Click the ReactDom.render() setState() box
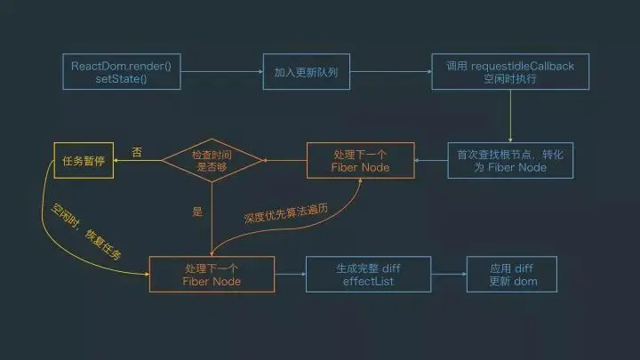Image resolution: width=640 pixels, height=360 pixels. tap(113, 72)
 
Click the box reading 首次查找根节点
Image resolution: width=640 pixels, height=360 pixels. tap(510, 161)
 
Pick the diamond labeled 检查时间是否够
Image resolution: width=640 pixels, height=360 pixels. tap(212, 161)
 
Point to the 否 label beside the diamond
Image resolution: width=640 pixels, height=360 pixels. tap(137, 152)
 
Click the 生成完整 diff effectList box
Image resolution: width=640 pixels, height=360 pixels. tap(369, 274)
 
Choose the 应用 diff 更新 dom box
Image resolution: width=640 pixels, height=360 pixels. tap(512, 274)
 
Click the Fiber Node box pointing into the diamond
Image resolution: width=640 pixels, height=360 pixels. tap(360, 161)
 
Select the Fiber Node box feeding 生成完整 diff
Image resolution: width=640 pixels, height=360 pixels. tap(212, 274)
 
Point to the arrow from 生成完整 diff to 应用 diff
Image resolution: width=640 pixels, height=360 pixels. tap(449, 274)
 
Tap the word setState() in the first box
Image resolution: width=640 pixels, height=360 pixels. tap(113, 79)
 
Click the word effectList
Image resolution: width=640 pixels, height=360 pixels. tap(369, 281)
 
